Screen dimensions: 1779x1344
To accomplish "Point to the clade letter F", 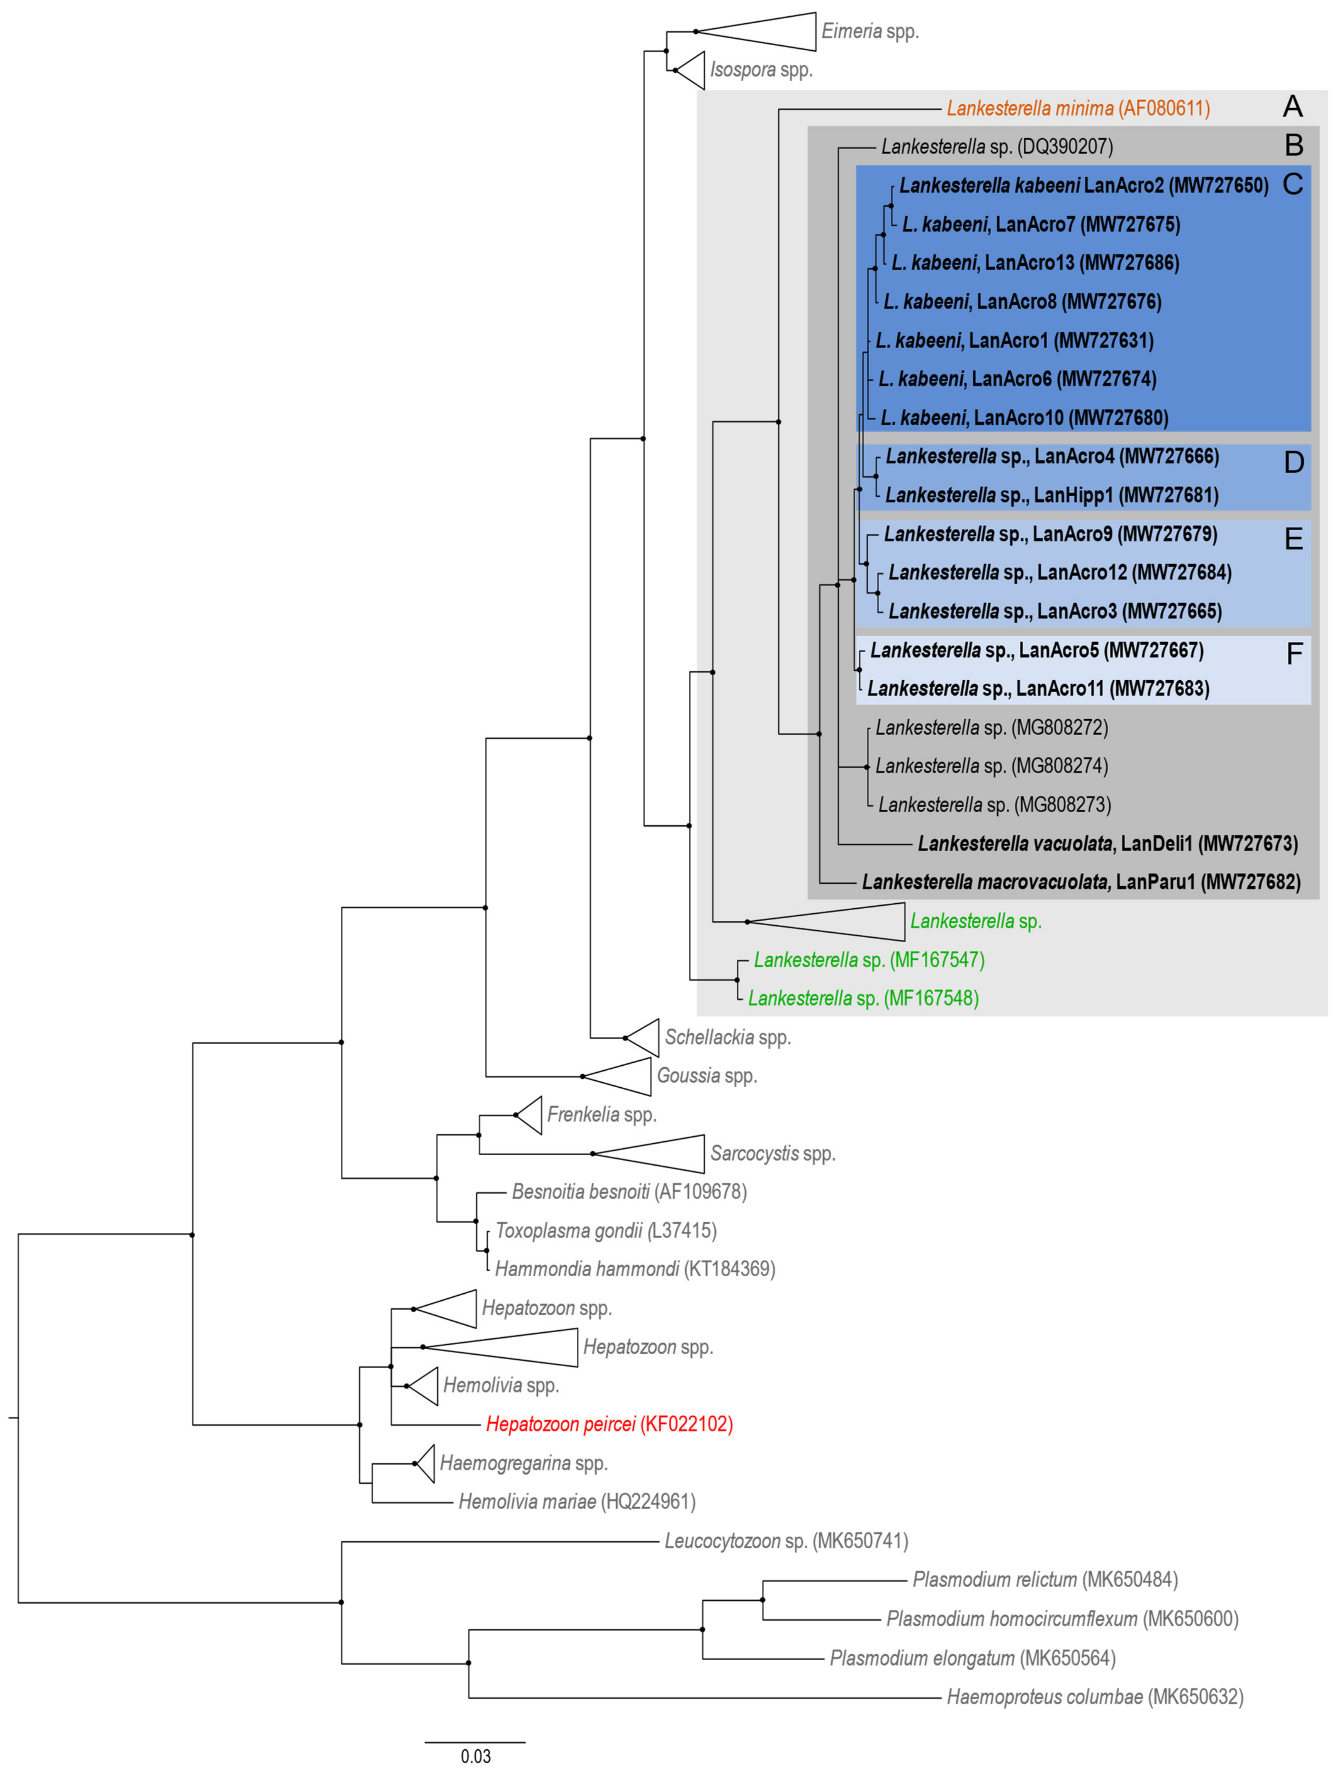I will point(1293,654).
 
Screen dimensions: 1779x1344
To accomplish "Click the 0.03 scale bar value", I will point(475,1756).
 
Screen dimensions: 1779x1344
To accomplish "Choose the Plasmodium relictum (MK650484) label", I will point(1045,1580).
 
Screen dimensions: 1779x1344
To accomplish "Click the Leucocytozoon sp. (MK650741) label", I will point(786,1541).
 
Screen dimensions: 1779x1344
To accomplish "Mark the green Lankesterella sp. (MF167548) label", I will point(863,998).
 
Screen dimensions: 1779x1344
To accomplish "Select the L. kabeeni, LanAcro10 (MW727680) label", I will point(1024,417).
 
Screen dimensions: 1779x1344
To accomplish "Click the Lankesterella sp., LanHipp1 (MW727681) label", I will point(1051,495).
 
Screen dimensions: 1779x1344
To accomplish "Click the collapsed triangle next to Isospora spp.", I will point(692,70).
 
